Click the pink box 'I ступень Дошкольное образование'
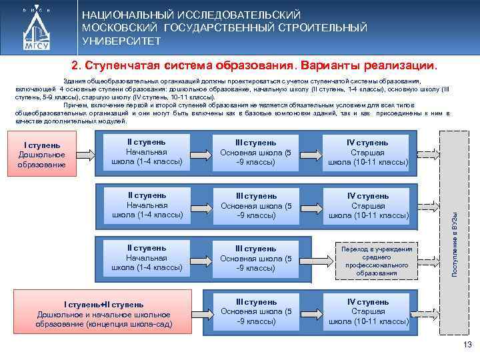coord(42,155)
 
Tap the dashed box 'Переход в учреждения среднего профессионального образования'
coord(377,261)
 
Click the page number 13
coord(467,345)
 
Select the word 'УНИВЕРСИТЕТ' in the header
coord(121,41)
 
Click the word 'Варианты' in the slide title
coord(331,67)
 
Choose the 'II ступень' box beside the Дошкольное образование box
coord(147,152)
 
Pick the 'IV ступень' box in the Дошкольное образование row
coord(367,152)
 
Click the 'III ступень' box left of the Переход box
coord(256,258)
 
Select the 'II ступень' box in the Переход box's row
coord(147,258)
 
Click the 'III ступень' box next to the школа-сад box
coord(256,311)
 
